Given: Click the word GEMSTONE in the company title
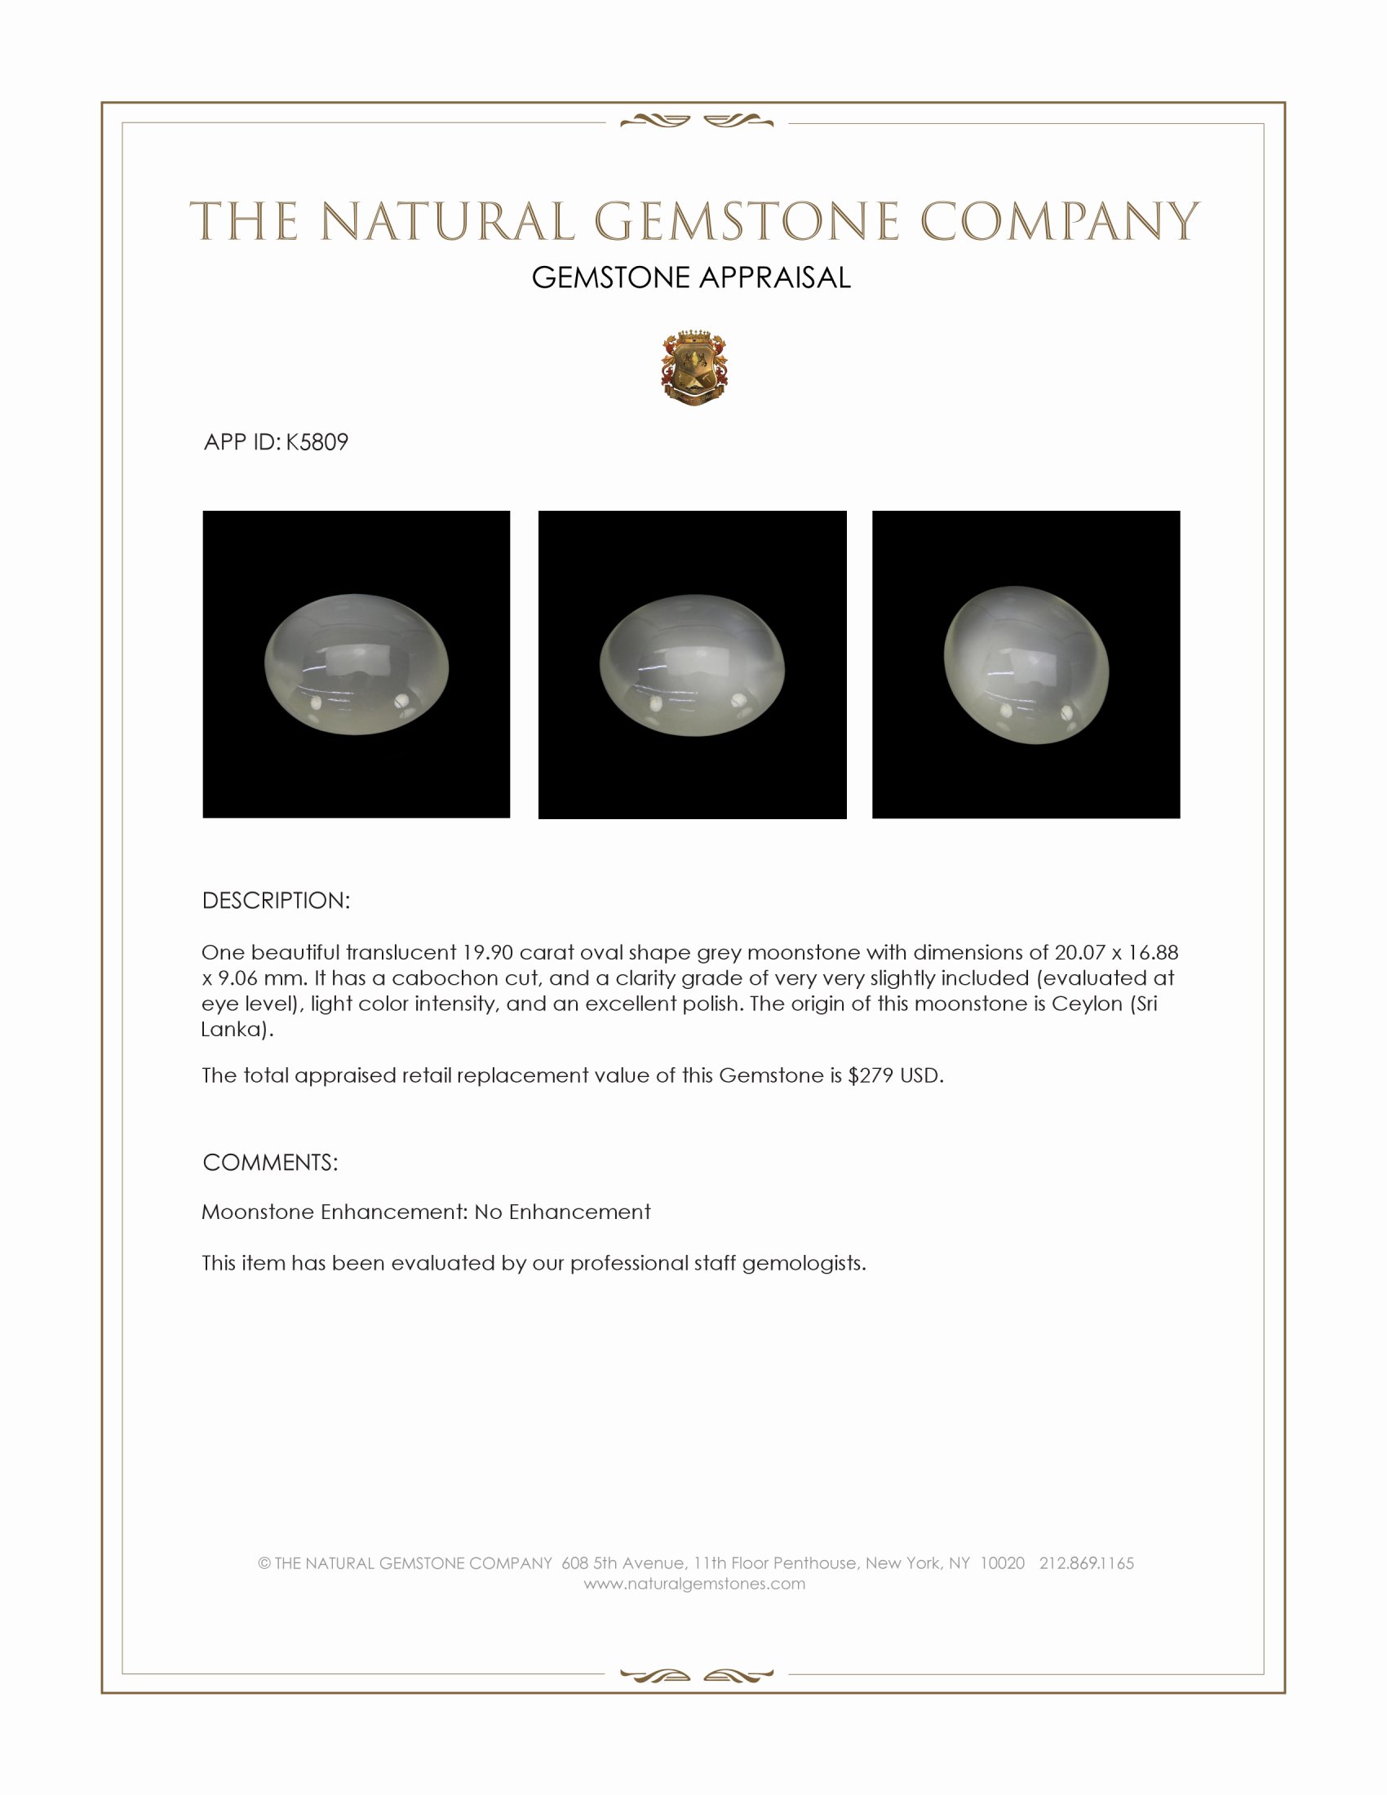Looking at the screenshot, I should [746, 222].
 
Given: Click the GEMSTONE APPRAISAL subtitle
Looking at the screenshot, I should [691, 277].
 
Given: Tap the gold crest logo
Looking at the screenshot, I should [693, 369].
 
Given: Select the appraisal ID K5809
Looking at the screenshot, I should [317, 442].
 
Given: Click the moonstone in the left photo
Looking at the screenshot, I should [357, 664].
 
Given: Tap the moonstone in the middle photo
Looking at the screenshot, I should [692, 665].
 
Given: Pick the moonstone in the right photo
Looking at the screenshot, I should [1027, 665].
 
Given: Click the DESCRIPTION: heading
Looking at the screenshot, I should [276, 901].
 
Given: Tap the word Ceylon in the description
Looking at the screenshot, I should [1087, 1004].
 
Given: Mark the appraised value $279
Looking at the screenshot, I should [871, 1076].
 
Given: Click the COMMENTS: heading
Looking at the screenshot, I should [270, 1163].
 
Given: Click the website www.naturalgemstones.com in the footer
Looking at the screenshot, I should [694, 1584].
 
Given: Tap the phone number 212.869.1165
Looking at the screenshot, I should [1086, 1563].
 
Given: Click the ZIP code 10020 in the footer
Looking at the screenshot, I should [1002, 1563].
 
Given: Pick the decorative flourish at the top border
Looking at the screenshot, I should [696, 122].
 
